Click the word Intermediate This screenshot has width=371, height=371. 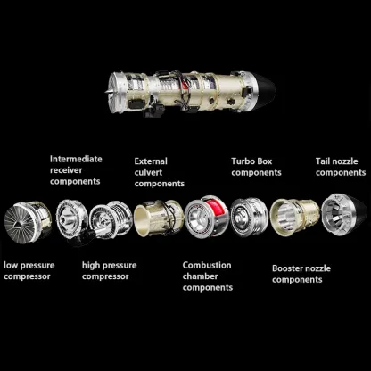coord(76,159)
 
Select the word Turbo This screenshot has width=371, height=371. coord(245,161)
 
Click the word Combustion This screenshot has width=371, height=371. coord(206,265)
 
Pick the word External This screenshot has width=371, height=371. coord(150,161)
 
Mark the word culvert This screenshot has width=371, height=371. coord(149,173)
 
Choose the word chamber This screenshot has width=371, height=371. coord(202,276)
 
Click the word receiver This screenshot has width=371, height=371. coord(69,170)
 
